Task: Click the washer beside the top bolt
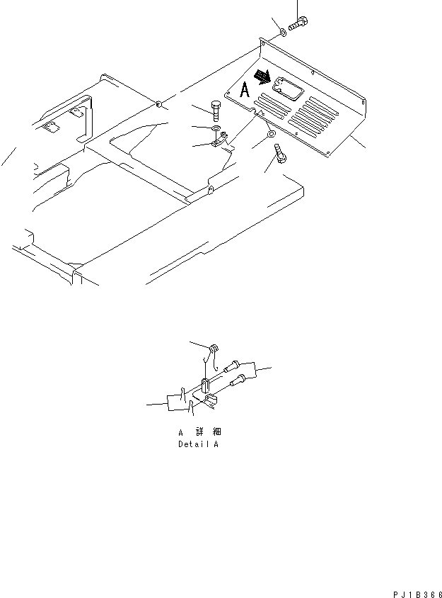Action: [282, 32]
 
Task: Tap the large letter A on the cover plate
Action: [245, 90]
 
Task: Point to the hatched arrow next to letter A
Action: [263, 75]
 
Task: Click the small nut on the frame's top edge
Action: [161, 106]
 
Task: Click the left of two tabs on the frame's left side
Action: [49, 128]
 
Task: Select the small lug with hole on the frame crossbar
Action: [211, 191]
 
